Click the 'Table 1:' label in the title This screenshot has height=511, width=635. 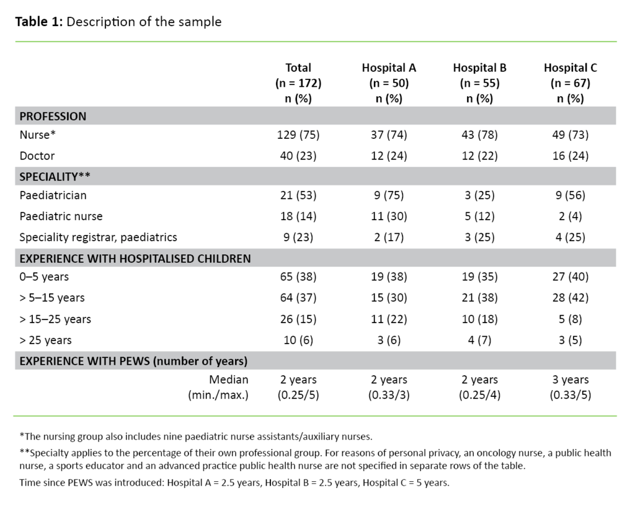pyautogui.click(x=38, y=22)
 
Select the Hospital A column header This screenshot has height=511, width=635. pyautogui.click(x=389, y=68)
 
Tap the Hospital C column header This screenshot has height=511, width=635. pyautogui.click(x=571, y=68)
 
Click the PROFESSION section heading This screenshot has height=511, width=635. pyautogui.click(x=53, y=116)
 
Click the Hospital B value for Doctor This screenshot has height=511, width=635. pyautogui.click(x=479, y=156)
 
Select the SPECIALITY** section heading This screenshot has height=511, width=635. pyautogui.click(x=55, y=176)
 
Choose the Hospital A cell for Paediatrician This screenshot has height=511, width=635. pyautogui.click(x=389, y=195)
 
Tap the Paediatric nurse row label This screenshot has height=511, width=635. pyautogui.click(x=61, y=216)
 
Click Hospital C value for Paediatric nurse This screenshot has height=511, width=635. pyautogui.click(x=571, y=216)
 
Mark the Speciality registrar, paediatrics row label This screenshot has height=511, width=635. pyautogui.click(x=98, y=236)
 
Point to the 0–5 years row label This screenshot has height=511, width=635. pyautogui.click(x=44, y=277)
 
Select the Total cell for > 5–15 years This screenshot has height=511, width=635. pyautogui.click(x=298, y=298)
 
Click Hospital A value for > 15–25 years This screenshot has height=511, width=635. pyautogui.click(x=389, y=319)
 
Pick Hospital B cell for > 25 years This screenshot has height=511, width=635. pyautogui.click(x=479, y=340)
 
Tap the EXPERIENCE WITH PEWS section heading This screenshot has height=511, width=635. pyautogui.click(x=133, y=360)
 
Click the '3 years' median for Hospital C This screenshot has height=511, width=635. pyautogui.click(x=571, y=380)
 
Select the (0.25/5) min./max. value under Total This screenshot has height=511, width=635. pyautogui.click(x=298, y=394)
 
